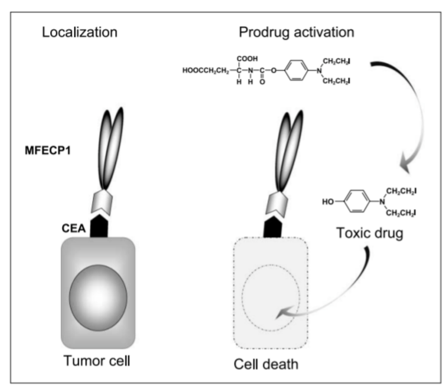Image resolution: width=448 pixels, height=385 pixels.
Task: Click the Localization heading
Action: [79, 32]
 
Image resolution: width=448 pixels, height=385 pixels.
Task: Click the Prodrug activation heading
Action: [296, 32]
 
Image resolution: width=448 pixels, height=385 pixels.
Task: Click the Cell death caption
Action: [266, 364]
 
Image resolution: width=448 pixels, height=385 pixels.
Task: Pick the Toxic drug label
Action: [370, 233]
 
